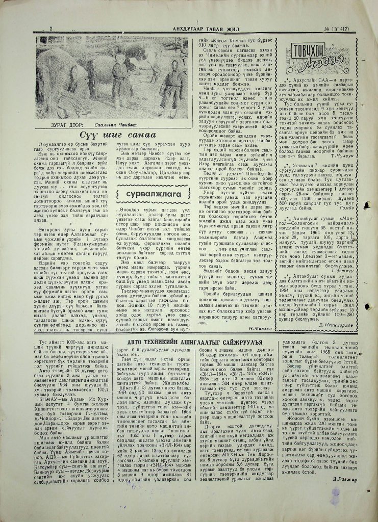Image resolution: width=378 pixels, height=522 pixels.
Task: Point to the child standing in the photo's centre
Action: [x=120, y=76]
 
